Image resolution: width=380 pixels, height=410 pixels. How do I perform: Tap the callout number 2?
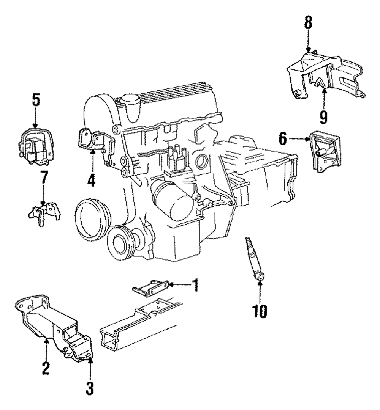click(46, 368)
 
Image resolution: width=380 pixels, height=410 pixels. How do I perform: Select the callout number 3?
click(90, 388)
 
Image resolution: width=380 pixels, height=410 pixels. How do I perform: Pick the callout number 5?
click(36, 100)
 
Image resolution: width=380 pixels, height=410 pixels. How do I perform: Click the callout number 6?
click(283, 139)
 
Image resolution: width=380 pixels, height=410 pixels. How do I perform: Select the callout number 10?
click(260, 311)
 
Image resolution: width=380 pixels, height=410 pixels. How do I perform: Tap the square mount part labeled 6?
click(325, 152)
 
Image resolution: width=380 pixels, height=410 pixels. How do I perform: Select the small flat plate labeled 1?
click(150, 288)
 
